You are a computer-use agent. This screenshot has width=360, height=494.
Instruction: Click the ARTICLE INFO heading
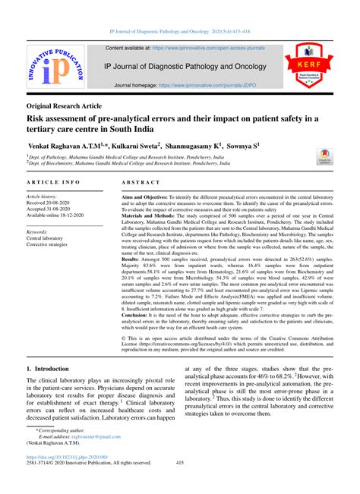pyautogui.click(x=53, y=184)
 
